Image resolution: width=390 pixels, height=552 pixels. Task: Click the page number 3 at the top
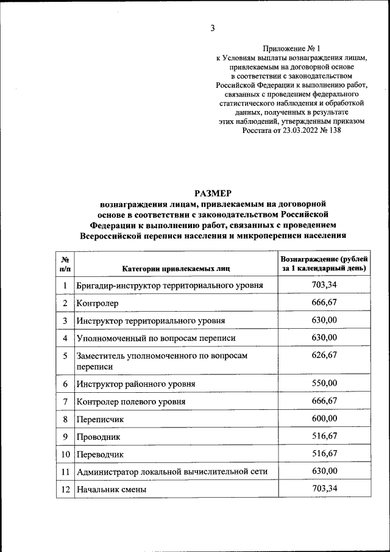point(213,27)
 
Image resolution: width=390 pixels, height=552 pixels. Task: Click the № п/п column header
point(65,263)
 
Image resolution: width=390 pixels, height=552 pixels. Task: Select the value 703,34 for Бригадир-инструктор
point(324,284)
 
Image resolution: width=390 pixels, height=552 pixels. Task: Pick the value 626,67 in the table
point(324,355)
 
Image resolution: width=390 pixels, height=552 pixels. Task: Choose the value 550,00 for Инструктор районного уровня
point(324,382)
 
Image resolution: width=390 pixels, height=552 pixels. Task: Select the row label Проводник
point(98,437)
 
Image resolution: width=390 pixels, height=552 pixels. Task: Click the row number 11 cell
point(65,472)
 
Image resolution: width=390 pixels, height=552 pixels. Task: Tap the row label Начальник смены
point(112,489)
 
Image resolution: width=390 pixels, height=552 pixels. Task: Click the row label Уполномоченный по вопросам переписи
point(155,338)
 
